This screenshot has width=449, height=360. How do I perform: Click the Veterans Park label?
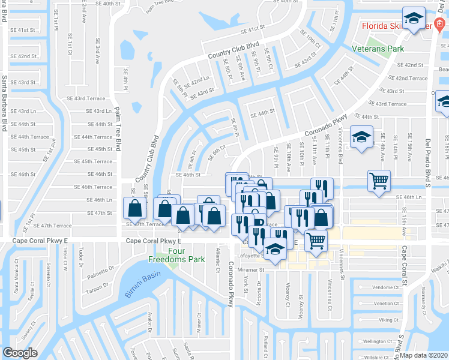[x=378, y=48]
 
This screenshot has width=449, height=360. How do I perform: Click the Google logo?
[x=20, y=353]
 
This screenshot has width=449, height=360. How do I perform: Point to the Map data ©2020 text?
[x=424, y=355]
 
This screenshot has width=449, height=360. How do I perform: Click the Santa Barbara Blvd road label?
[x=4, y=103]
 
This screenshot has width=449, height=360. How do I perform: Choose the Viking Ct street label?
[x=388, y=320]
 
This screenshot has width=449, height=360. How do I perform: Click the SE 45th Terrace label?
[x=92, y=161]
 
